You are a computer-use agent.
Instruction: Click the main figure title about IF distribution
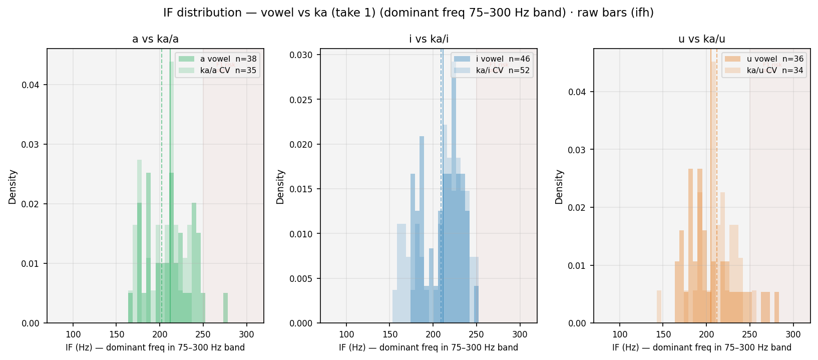pyautogui.click(x=408, y=13)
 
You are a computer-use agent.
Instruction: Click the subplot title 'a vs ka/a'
pyautogui.click(x=155, y=39)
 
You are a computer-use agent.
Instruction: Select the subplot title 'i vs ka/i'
pyautogui.click(x=429, y=39)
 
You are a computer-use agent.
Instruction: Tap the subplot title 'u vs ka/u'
pyautogui.click(x=701, y=39)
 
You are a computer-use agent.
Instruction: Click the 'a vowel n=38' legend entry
pyautogui.click(x=218, y=59)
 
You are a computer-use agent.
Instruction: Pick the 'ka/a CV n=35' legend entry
pyautogui.click(x=218, y=71)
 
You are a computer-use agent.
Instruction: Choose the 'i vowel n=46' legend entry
pyautogui.click(x=492, y=59)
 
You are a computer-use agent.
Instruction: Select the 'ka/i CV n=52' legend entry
pyautogui.click(x=492, y=71)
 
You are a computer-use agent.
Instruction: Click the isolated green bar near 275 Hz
pyautogui.click(x=226, y=308)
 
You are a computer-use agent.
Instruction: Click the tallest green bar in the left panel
pyautogui.click(x=172, y=192)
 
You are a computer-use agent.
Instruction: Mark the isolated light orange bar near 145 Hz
pyautogui.click(x=659, y=307)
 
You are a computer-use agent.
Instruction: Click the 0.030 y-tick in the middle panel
pyautogui.click(x=300, y=55)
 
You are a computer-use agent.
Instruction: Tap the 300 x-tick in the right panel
pyautogui.click(x=793, y=334)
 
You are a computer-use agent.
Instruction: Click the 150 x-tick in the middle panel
pyautogui.click(x=389, y=334)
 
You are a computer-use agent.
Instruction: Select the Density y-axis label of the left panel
pyautogui.click(x=13, y=187)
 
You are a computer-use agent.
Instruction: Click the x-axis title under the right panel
pyautogui.click(x=702, y=347)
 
